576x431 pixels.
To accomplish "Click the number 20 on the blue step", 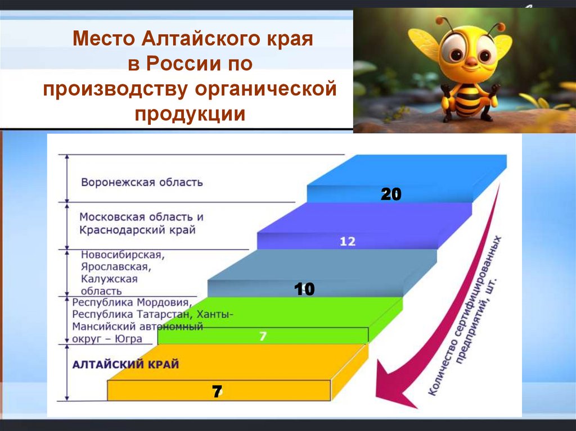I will (x=391, y=194).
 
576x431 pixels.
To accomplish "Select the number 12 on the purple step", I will (x=348, y=242).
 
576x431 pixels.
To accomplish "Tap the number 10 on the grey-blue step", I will (x=304, y=289).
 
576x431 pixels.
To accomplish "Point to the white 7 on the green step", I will (x=263, y=337).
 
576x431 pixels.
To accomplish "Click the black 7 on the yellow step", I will (x=217, y=392).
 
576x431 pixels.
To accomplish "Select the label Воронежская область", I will (x=142, y=183).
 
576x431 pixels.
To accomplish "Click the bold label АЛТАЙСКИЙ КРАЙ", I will (x=126, y=365).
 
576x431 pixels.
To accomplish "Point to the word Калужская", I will (x=109, y=279).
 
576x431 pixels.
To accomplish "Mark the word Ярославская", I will (x=114, y=267).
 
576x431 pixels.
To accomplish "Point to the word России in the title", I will (x=183, y=64).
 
